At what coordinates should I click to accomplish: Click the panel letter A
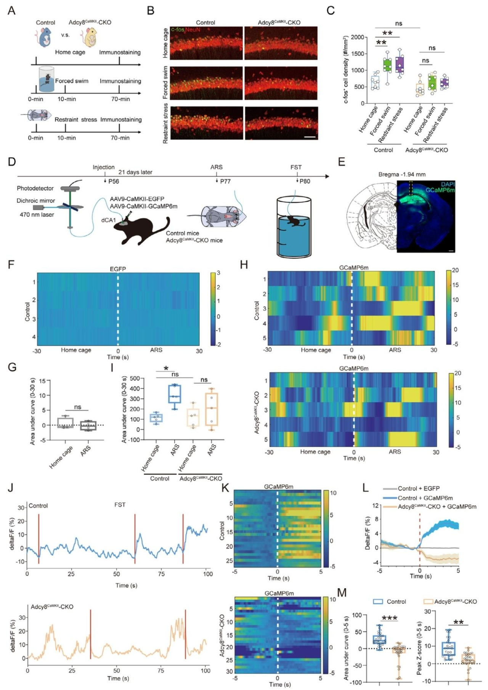[x=12, y=10]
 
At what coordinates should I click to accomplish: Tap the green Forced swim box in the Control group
[x=388, y=65]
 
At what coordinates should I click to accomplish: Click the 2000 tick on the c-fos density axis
[x=357, y=37]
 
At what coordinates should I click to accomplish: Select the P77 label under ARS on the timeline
[x=225, y=181]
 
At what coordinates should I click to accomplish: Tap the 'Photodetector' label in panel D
[x=35, y=188]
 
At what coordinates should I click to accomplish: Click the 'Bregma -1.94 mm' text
[x=402, y=175]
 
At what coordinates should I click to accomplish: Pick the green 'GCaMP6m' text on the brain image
[x=440, y=190]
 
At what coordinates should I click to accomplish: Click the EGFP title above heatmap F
[x=118, y=269]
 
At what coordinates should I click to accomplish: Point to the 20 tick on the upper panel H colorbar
[x=455, y=270]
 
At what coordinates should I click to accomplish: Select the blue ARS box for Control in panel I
[x=175, y=393]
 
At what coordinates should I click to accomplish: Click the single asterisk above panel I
[x=166, y=369]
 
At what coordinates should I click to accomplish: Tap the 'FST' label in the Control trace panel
[x=120, y=505]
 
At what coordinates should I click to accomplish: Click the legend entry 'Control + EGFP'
[x=419, y=488]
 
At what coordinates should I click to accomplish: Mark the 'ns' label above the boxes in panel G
[x=78, y=407]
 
